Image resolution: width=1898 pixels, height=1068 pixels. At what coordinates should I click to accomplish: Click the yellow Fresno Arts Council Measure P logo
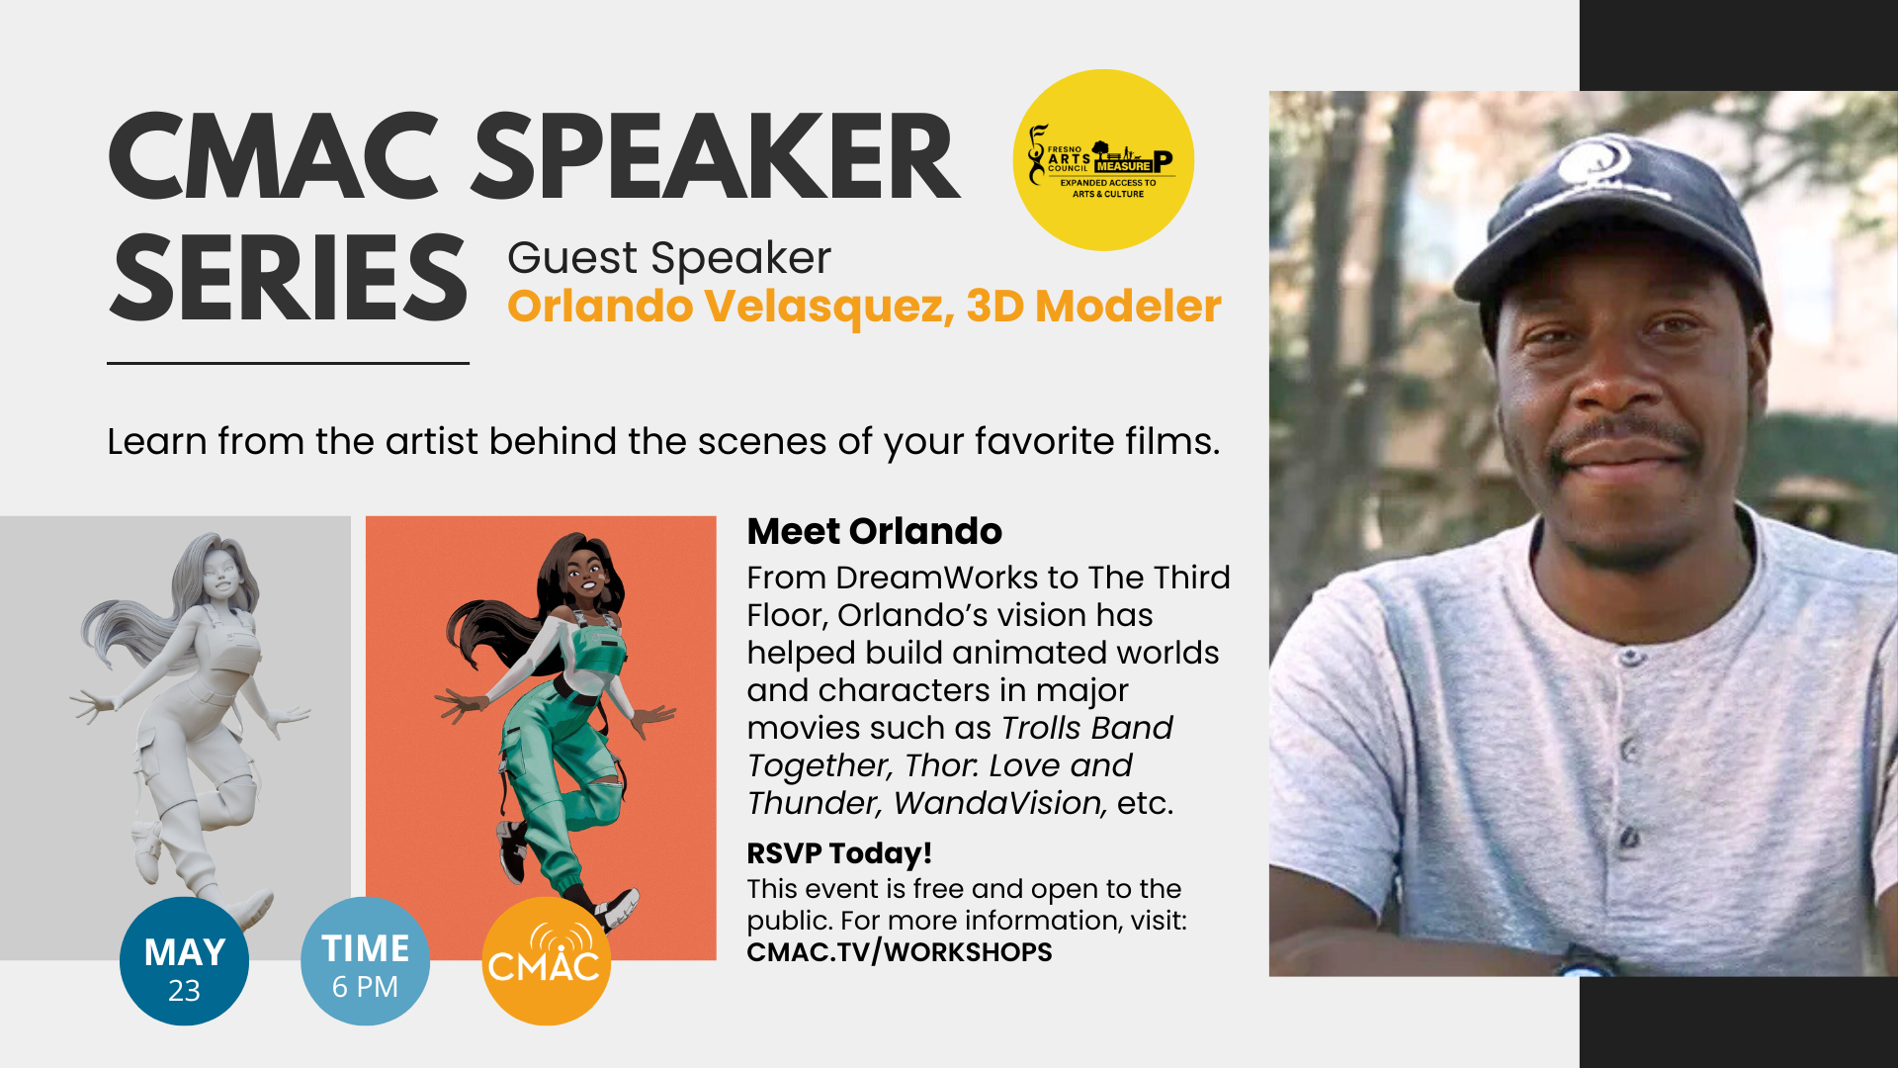point(1103,159)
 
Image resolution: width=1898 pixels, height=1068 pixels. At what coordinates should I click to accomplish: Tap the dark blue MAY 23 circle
point(184,961)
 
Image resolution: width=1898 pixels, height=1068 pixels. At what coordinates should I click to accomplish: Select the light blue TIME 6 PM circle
point(365,961)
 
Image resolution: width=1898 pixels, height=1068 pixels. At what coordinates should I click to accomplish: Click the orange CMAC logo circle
point(546,961)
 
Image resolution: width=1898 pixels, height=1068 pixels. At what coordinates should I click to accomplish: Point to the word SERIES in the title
point(288,278)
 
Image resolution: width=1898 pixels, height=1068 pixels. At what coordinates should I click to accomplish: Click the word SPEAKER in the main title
point(716,157)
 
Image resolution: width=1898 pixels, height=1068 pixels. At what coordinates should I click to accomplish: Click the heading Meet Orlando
point(874,531)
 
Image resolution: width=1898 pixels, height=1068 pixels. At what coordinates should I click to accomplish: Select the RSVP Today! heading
point(839,852)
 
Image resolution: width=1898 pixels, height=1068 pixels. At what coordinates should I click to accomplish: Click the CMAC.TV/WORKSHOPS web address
point(900,952)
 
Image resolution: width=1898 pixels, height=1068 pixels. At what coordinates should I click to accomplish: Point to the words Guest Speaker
point(669,258)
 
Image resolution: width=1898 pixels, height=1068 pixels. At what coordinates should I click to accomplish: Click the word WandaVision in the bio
point(999,803)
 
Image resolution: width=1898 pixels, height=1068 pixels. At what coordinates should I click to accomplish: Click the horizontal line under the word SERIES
point(288,363)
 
